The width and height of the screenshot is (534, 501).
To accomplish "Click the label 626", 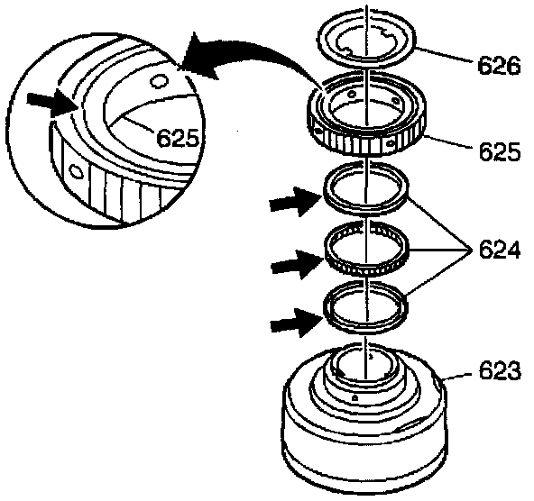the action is (499, 65).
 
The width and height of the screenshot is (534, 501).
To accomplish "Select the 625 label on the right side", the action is (500, 151).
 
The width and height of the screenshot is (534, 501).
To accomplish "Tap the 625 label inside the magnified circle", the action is (178, 138).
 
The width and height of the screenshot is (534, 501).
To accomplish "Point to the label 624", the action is (500, 250).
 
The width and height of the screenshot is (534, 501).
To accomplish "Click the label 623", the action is (500, 370).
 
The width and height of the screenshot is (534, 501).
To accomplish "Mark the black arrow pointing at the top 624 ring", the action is (296, 202).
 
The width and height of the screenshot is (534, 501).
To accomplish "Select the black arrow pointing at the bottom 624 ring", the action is (297, 323).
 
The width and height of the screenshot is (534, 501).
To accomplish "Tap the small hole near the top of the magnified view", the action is (159, 81).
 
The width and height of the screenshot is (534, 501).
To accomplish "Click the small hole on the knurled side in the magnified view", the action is (76, 170).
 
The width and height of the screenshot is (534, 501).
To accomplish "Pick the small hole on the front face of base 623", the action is (354, 396).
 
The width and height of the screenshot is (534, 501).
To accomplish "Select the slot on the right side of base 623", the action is (410, 425).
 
